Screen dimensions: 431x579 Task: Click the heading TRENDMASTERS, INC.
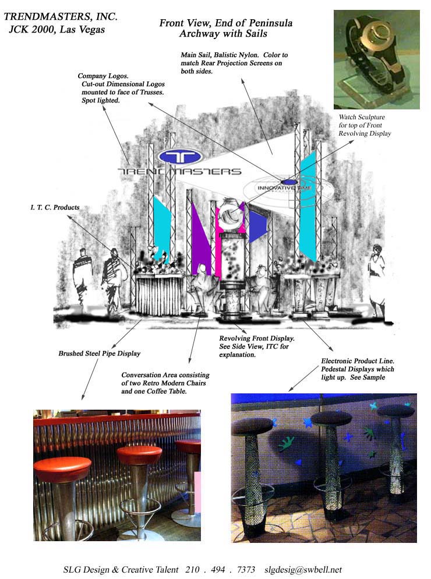(61, 17)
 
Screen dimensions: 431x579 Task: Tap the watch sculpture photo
(377, 59)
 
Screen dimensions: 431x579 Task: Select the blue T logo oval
(180, 157)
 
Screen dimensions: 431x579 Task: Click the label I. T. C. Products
(55, 208)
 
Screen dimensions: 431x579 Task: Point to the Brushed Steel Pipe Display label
(100, 353)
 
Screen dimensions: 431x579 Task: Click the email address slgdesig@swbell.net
(303, 570)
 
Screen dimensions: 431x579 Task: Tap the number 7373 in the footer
(246, 570)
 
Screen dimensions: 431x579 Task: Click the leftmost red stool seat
(62, 468)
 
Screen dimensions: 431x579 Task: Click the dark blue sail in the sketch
(257, 226)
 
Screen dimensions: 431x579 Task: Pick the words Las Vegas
(82, 30)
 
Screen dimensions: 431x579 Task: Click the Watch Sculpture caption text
(365, 125)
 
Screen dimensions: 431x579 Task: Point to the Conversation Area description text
(165, 383)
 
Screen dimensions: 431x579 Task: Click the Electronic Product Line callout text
(358, 369)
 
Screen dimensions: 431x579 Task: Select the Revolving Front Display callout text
(256, 346)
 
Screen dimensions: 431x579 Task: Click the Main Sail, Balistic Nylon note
(234, 63)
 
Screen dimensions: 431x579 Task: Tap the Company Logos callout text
(121, 88)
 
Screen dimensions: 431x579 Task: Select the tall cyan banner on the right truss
(308, 207)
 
